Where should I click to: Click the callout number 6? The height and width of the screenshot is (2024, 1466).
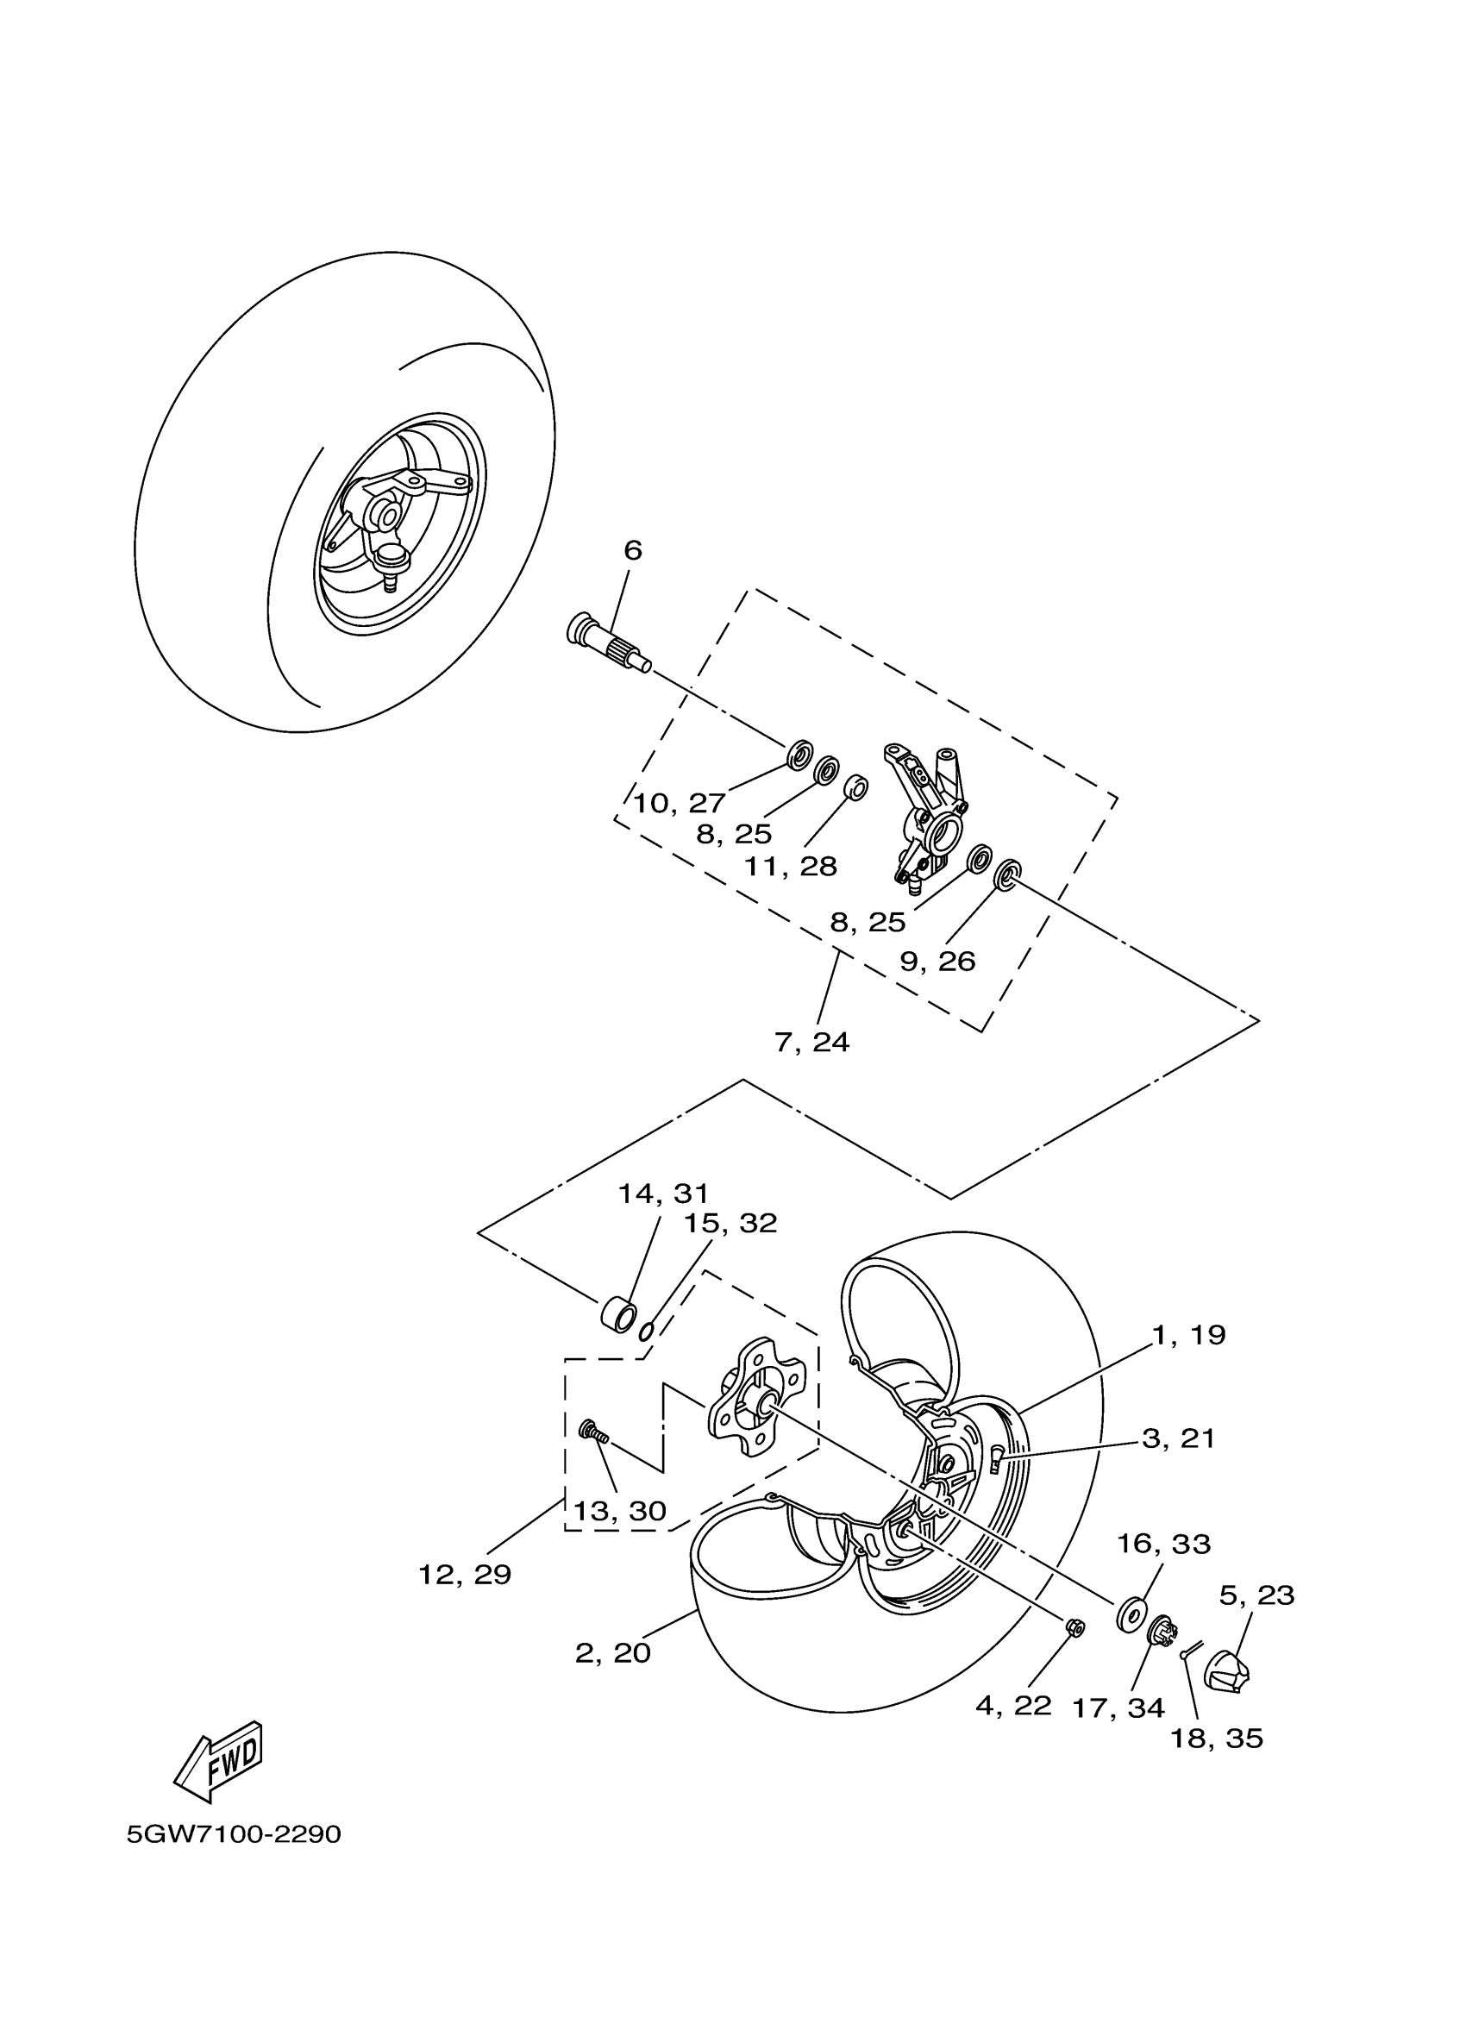pos(633,550)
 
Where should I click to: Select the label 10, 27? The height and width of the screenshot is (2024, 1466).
pos(679,803)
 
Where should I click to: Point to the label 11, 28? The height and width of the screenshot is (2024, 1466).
pos(792,866)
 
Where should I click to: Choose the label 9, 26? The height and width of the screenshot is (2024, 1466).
pos(937,962)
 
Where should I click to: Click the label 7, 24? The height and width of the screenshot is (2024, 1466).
pos(812,1042)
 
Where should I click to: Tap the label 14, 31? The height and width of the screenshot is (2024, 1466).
pos(664,1194)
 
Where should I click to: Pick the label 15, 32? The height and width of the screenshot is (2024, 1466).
pos(730,1223)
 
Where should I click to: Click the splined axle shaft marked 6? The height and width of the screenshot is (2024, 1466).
pos(606,642)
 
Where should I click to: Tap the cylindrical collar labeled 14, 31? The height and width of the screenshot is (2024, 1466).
pos(617,1315)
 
